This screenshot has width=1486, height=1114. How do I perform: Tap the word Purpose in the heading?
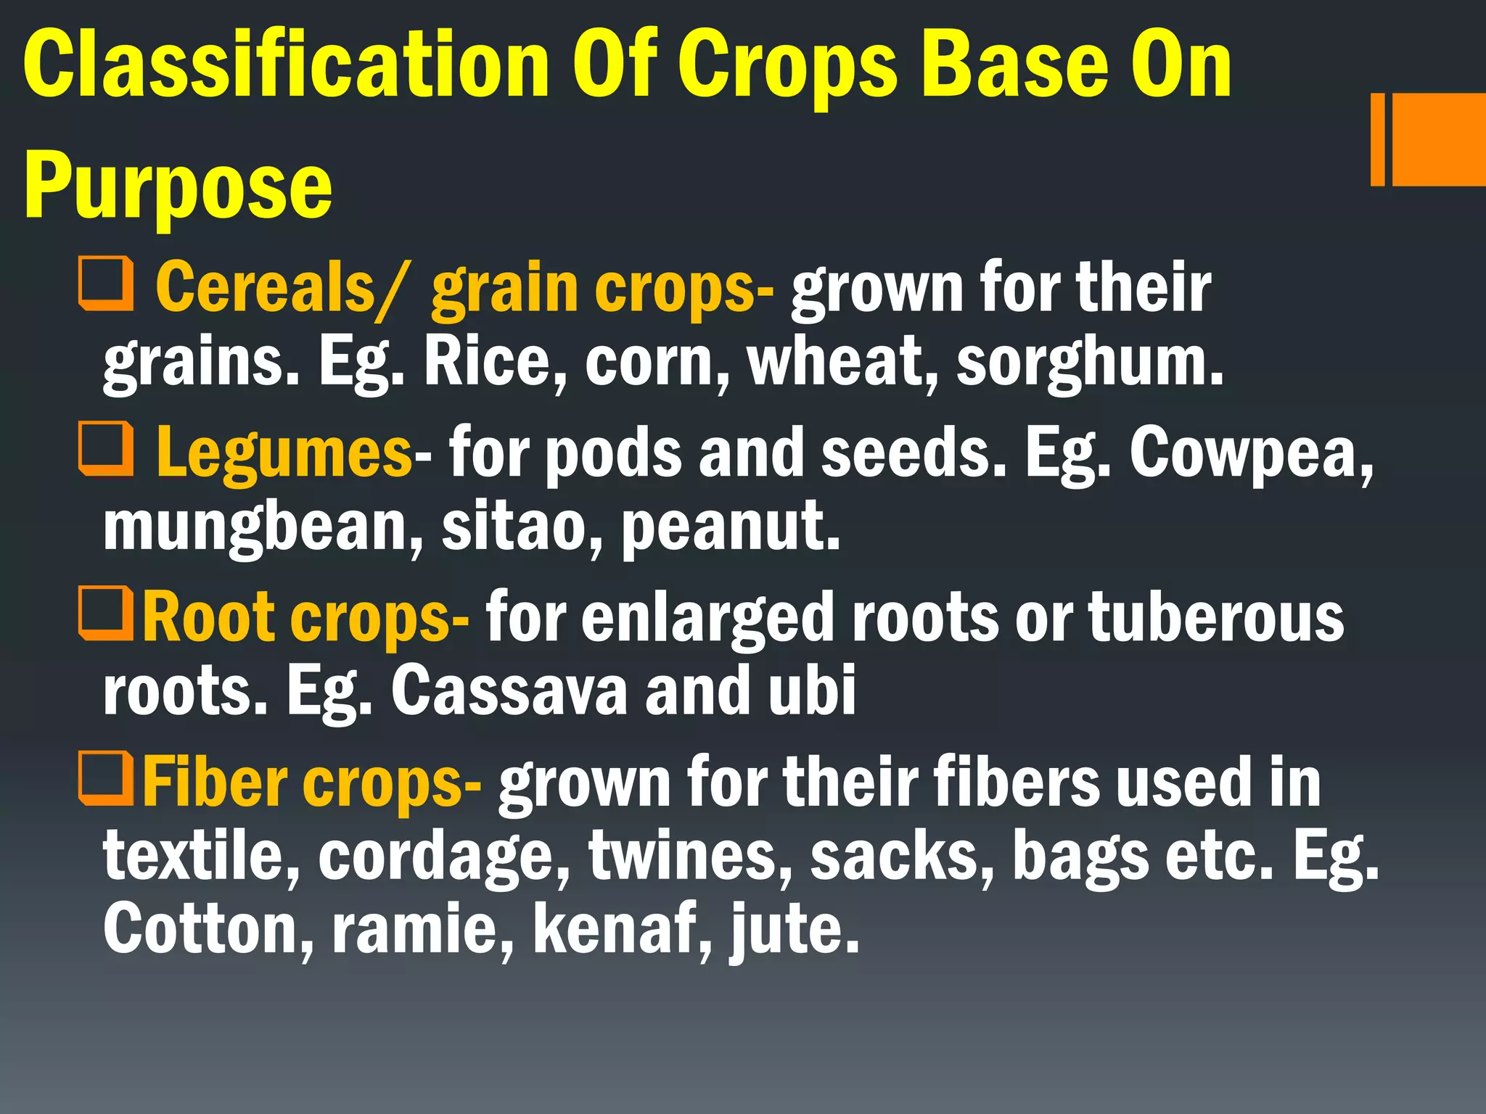click(x=178, y=186)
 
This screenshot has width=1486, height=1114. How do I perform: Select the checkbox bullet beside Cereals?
click(x=107, y=284)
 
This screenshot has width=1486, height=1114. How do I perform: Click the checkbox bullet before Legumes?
click(x=107, y=449)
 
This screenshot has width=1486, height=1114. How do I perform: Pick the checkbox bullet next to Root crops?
click(x=107, y=614)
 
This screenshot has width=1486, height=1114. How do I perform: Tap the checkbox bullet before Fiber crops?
click(x=107, y=779)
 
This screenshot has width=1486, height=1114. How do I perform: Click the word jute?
click(x=795, y=930)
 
